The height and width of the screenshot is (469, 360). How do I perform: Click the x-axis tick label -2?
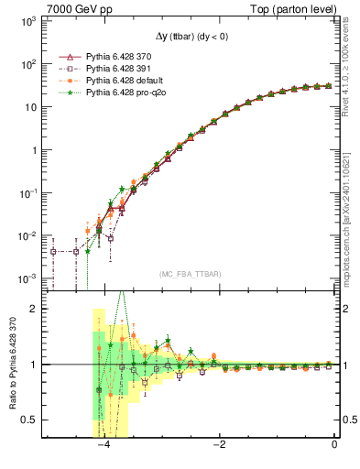[x=219, y=444]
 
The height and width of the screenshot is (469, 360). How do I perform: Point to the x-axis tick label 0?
[x=335, y=444]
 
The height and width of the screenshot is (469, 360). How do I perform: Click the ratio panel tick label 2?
[x=37, y=309]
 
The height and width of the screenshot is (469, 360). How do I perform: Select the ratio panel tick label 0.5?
[x=32, y=420]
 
